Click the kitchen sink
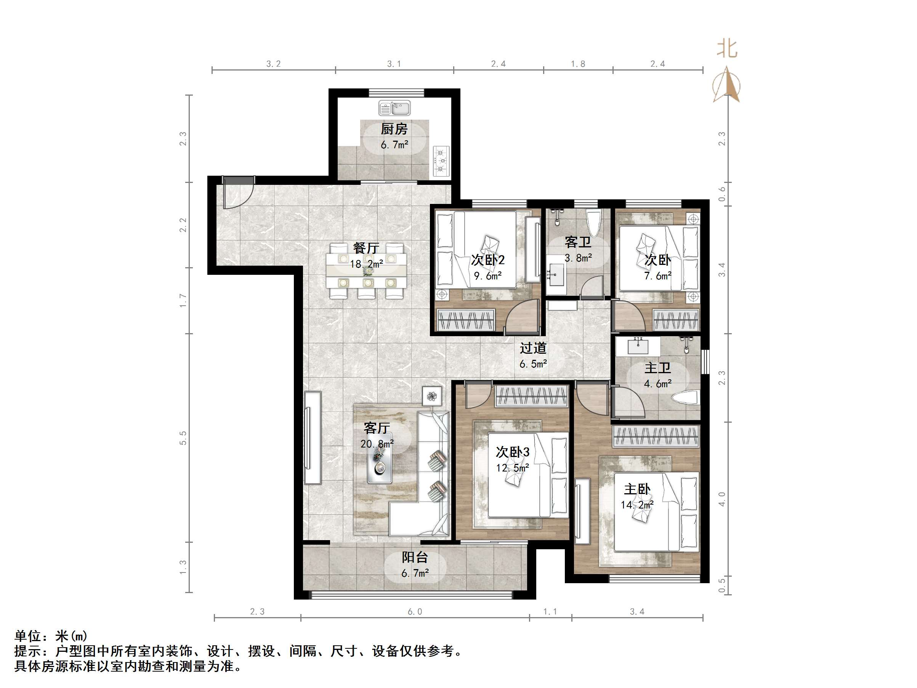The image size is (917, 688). (394, 109)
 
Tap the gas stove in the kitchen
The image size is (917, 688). (441, 160)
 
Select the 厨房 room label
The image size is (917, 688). (394, 129)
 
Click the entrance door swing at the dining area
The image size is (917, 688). (237, 195)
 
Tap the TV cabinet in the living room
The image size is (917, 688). (313, 438)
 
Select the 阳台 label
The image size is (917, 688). (415, 557)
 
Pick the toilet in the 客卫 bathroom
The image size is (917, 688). (594, 224)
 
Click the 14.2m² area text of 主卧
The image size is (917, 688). (637, 505)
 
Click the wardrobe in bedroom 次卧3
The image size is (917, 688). (531, 396)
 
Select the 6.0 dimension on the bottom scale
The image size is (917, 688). (415, 612)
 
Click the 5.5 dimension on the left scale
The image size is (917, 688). (183, 438)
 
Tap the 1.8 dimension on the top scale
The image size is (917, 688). (578, 64)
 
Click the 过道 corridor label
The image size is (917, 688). (533, 348)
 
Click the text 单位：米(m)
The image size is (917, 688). (51, 636)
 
